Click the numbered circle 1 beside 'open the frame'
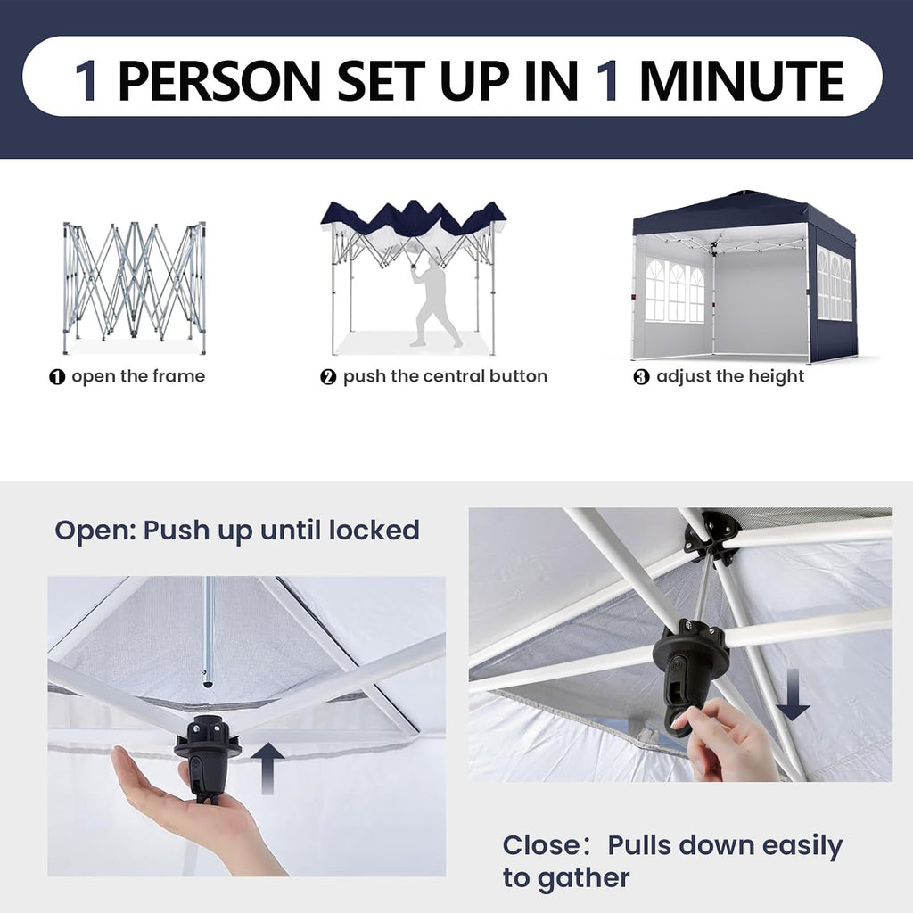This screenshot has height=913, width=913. (x=57, y=377)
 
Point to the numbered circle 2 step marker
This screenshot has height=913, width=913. (x=328, y=377)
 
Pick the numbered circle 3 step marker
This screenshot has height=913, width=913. (x=641, y=377)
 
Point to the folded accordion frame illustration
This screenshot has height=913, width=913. (x=134, y=287)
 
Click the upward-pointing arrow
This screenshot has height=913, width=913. (x=267, y=768)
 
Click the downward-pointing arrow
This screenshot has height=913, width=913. (x=793, y=695)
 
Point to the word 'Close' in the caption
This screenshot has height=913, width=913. (x=541, y=845)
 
